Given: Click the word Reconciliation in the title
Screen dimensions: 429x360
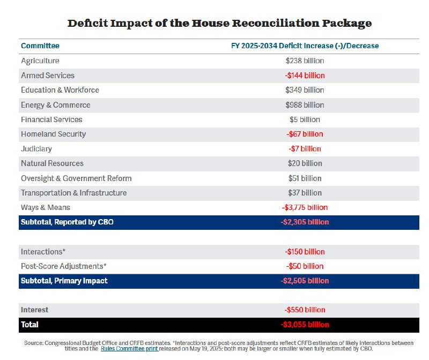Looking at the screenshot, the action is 275,23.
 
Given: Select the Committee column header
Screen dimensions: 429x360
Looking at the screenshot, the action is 40,46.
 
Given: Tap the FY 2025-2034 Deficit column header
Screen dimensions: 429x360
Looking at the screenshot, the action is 305,46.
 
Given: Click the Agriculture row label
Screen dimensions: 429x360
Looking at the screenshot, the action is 40,61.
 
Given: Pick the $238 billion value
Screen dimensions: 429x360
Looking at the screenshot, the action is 305,61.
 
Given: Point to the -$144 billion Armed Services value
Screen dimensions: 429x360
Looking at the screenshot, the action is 305,76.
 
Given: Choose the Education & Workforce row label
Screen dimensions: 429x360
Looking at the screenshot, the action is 60,90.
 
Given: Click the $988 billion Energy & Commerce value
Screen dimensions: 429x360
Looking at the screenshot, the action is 305,105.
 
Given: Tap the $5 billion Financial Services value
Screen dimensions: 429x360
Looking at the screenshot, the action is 305,119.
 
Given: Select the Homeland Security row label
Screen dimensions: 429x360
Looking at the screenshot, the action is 53,134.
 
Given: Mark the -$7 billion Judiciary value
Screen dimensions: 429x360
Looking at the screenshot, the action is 305,149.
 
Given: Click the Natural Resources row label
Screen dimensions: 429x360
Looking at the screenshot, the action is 52,163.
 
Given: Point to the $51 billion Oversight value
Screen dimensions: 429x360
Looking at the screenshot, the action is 305,178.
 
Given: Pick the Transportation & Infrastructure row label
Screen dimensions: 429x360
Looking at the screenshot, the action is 74,193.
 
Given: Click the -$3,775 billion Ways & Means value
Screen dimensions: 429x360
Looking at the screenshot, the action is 305,207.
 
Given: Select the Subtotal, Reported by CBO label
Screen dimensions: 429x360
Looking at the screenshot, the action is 68,222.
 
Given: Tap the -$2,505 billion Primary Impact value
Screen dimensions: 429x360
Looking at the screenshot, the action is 305,281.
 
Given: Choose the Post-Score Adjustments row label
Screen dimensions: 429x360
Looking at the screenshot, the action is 64,266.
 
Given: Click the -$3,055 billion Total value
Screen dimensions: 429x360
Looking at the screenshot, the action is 305,325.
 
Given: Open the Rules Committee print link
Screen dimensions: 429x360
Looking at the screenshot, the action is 129,349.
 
